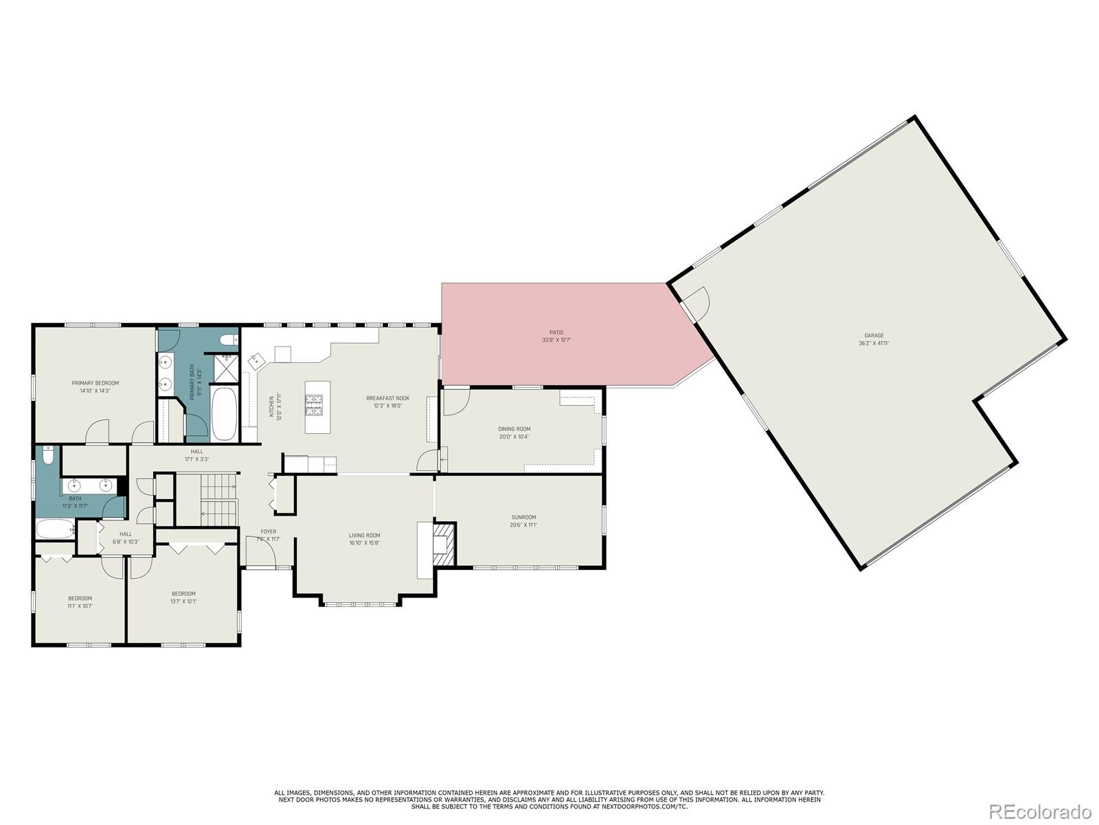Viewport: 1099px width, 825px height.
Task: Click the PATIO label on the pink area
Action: (556, 333)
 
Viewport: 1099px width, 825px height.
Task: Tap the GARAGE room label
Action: (874, 335)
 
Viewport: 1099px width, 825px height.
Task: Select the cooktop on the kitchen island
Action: (314, 405)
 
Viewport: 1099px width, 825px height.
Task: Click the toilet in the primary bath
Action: (228, 339)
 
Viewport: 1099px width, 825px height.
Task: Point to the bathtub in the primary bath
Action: (223, 415)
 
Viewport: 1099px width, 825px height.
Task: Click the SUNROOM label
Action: (523, 517)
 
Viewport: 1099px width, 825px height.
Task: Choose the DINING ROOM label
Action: (514, 429)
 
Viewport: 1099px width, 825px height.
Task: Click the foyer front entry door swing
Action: (260, 552)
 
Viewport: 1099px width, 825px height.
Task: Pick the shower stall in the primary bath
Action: (224, 369)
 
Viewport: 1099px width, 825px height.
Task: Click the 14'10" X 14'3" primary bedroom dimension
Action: (95, 390)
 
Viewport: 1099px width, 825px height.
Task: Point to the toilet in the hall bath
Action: (47, 456)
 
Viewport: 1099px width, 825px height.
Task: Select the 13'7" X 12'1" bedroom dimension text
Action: (183, 602)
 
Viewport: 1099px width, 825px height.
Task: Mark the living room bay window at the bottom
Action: (361, 604)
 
